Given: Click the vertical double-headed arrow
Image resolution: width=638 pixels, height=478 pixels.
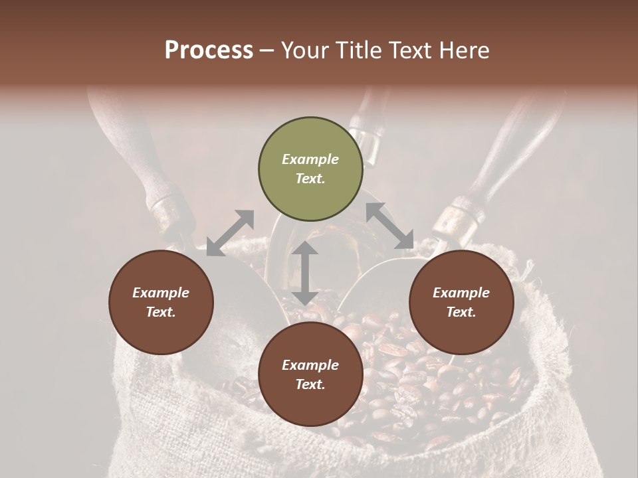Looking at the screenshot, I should pyautogui.click(x=305, y=273).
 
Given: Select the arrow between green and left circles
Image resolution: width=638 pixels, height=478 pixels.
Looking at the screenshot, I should pyautogui.click(x=230, y=233).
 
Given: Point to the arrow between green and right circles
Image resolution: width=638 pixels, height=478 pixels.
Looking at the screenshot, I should pyautogui.click(x=390, y=226).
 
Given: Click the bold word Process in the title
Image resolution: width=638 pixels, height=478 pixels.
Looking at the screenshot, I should pyautogui.click(x=209, y=50).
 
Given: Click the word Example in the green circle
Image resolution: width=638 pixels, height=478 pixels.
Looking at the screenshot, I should pyautogui.click(x=310, y=159).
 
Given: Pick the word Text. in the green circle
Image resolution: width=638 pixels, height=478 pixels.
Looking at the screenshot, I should pyautogui.click(x=310, y=179).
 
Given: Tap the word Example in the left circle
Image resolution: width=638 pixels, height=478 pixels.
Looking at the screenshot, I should pyautogui.click(x=161, y=293).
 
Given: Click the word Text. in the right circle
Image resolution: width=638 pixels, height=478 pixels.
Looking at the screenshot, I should pyautogui.click(x=461, y=312).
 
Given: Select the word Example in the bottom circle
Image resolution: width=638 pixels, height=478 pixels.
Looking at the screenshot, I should pyautogui.click(x=310, y=365).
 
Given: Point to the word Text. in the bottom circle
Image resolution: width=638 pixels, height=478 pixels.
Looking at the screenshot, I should pyautogui.click(x=310, y=384).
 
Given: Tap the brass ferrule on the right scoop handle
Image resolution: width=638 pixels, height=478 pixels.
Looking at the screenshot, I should pyautogui.click(x=458, y=216).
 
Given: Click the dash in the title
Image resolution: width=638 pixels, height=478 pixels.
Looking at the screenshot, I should pyautogui.click(x=267, y=50).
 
